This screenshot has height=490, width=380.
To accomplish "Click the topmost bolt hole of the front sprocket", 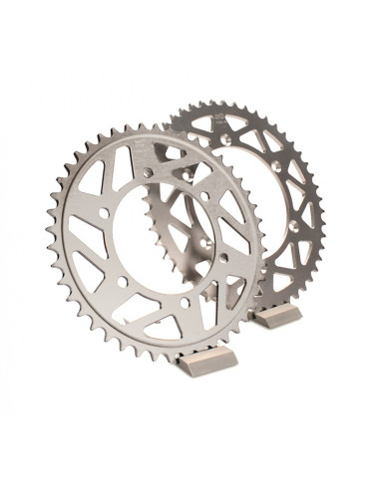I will [x=148, y=171].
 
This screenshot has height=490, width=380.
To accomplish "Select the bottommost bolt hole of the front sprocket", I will [x=184, y=302].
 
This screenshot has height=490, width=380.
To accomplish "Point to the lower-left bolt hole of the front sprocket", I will [x=122, y=280].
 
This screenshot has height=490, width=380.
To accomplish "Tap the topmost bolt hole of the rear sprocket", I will [x=225, y=138].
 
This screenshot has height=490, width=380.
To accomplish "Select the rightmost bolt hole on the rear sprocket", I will [x=293, y=226].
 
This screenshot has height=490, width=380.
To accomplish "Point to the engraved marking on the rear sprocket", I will [x=219, y=119].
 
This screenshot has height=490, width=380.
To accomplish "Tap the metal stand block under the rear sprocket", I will [x=275, y=317].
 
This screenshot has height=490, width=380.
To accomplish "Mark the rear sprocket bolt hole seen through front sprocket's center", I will [x=205, y=242].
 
